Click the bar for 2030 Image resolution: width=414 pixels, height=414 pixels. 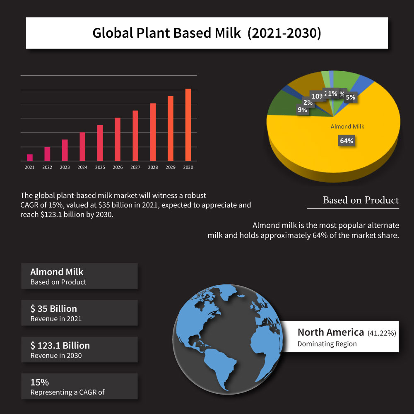pos(188,125)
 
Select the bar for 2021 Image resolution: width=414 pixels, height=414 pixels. pos(29,158)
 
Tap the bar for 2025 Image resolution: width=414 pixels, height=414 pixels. pos(100,143)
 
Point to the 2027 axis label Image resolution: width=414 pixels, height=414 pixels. pos(135,168)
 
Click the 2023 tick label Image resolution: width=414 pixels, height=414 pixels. pos(65,168)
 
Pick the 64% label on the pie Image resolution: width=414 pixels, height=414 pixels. pos(347,141)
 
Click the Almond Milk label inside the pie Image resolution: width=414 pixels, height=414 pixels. pos(347,127)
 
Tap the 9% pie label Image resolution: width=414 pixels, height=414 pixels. pos(302,110)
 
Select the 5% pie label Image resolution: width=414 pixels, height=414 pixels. pos(350,98)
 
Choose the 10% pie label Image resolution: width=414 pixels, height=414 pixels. pos(317,96)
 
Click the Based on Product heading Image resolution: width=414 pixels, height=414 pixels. pos(361,200)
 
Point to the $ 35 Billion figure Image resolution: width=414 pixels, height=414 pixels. pos(54,309)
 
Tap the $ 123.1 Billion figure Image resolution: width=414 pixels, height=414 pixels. pos(60,345)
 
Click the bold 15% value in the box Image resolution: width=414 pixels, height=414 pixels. pos(40,382)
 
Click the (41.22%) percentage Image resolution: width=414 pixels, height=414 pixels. pos(382,333)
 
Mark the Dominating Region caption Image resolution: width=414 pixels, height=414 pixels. pos(327,344)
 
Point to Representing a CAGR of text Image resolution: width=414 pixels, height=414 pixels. pos(67,392)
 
